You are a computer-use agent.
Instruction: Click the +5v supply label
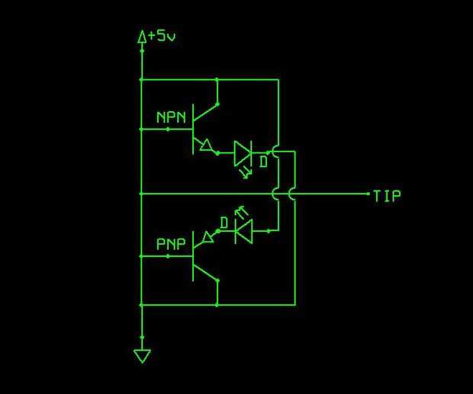[x=162, y=36]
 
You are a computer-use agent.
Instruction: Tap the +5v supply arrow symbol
[x=142, y=37]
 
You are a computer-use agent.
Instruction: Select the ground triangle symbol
[x=142, y=356]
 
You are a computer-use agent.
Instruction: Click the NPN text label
[x=171, y=117]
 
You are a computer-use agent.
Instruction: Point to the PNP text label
[x=171, y=244]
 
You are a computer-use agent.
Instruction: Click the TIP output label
[x=387, y=196]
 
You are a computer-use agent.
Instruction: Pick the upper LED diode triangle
[x=243, y=153]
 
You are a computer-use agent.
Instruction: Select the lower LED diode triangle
[x=243, y=232]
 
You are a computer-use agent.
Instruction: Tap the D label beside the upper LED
[x=264, y=162]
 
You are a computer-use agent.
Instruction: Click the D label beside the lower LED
[x=224, y=223]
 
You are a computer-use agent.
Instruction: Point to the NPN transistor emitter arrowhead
[x=206, y=146]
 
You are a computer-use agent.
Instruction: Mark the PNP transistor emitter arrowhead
[x=208, y=237]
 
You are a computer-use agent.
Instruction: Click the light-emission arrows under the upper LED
[x=246, y=174]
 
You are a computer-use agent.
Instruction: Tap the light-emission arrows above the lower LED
[x=241, y=213]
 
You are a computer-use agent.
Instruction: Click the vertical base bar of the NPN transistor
[x=193, y=130]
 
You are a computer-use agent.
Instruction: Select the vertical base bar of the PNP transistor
[x=193, y=256]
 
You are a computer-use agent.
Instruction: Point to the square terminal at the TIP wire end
[x=368, y=194]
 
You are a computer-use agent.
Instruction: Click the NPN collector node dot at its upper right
[x=217, y=104]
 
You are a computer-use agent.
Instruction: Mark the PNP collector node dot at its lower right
[x=217, y=280]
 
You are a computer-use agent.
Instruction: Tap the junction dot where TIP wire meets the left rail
[x=141, y=194]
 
